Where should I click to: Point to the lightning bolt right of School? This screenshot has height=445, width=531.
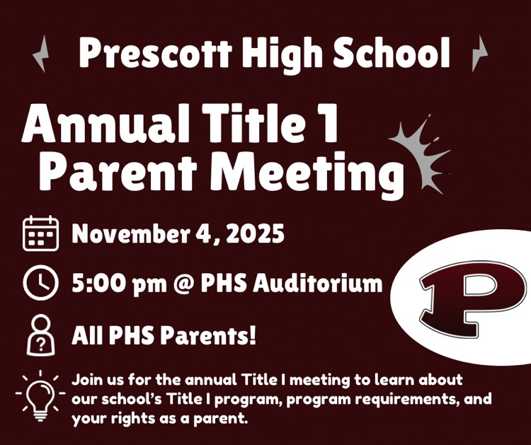coord(479,53)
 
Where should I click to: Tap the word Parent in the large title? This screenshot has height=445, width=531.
coord(121,173)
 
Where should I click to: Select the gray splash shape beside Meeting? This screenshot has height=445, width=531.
coord(418,153)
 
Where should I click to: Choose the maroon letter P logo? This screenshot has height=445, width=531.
coord(462,296)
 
